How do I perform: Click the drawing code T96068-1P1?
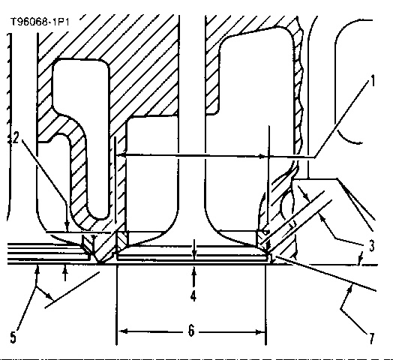click(40, 22)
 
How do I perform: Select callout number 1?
click(373, 81)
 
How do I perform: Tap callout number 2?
click(16, 138)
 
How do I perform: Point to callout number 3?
click(372, 246)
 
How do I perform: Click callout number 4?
click(193, 295)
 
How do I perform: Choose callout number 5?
click(13, 337)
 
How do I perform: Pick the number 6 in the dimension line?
click(191, 331)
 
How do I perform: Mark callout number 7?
click(371, 338)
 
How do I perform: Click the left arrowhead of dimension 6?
click(123, 331)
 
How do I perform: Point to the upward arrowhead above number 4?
click(193, 271)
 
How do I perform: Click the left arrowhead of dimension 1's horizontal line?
click(120, 155)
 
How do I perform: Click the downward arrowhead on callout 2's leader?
click(67, 224)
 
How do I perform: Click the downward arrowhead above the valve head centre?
click(194, 255)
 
